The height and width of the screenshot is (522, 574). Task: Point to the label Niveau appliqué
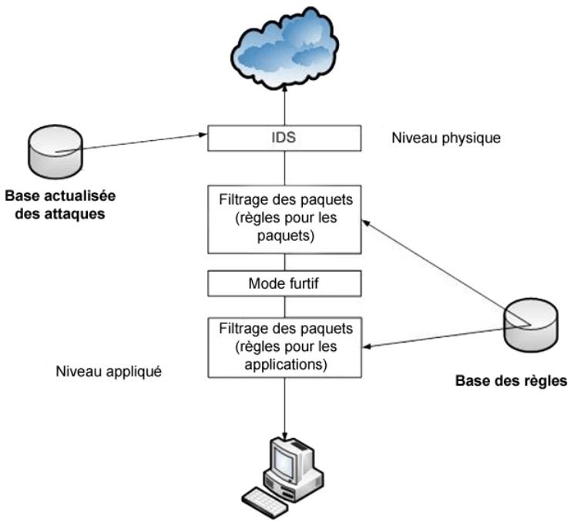coord(108,371)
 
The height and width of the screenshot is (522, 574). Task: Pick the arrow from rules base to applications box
coord(439,336)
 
